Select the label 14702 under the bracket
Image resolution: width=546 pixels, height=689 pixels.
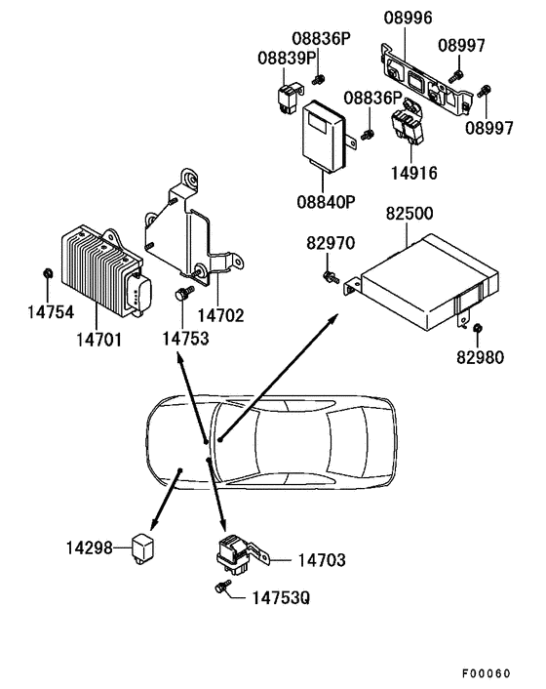(x=221, y=315)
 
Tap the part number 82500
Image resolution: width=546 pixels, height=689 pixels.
(x=410, y=212)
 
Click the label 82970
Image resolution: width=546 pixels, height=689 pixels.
(x=331, y=242)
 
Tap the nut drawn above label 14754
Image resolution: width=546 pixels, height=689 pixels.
(x=48, y=271)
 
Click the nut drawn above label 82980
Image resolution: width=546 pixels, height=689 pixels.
(x=480, y=328)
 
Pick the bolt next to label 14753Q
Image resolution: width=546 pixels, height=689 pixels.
(x=221, y=588)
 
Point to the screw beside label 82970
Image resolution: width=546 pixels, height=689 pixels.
(x=332, y=277)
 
